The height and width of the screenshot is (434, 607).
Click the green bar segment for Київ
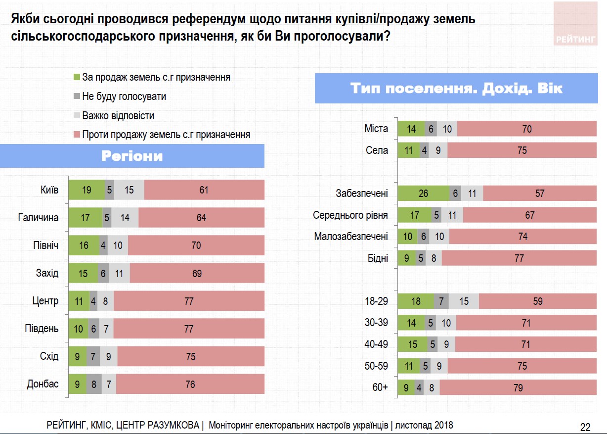pyautogui.click(x=87, y=190)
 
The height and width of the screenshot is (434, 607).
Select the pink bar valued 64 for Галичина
pyautogui.click(x=201, y=218)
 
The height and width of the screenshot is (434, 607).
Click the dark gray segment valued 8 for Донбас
pyautogui.click(x=94, y=384)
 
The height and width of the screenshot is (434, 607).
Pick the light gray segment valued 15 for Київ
pyautogui.click(x=130, y=190)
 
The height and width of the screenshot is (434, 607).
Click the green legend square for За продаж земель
pyautogui.click(x=77, y=78)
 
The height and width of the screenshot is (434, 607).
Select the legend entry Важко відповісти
pyautogui.click(x=118, y=116)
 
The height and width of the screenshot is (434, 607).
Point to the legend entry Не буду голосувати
pyautogui.click(x=124, y=96)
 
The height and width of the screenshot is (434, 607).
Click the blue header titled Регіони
pyautogui.click(x=132, y=156)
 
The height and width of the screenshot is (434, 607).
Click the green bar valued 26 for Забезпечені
pyautogui.click(x=423, y=193)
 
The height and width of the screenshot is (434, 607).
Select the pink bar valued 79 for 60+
pyautogui.click(x=518, y=387)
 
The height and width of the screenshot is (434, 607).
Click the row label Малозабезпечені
pyautogui.click(x=351, y=237)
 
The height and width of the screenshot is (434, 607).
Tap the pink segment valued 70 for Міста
pyautogui.click(x=527, y=129)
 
